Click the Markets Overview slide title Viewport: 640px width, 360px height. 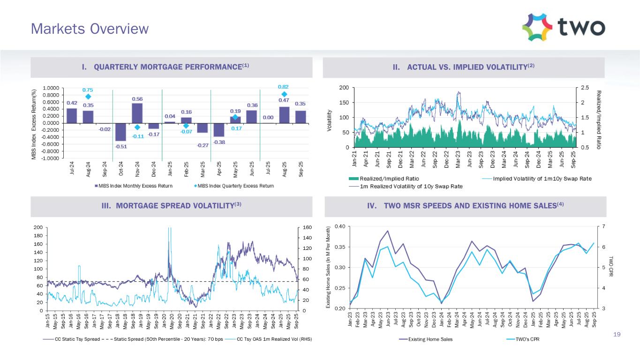90,29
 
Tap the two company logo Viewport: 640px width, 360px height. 563,27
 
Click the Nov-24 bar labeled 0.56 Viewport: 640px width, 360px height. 137,113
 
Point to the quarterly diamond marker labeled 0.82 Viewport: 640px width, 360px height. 284,94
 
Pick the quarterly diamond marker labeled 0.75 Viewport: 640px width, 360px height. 88,97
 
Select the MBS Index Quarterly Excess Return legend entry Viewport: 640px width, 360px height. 233,186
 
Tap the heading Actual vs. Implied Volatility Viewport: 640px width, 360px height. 464,67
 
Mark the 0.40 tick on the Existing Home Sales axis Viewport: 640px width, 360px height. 340,226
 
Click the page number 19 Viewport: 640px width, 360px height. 617,334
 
